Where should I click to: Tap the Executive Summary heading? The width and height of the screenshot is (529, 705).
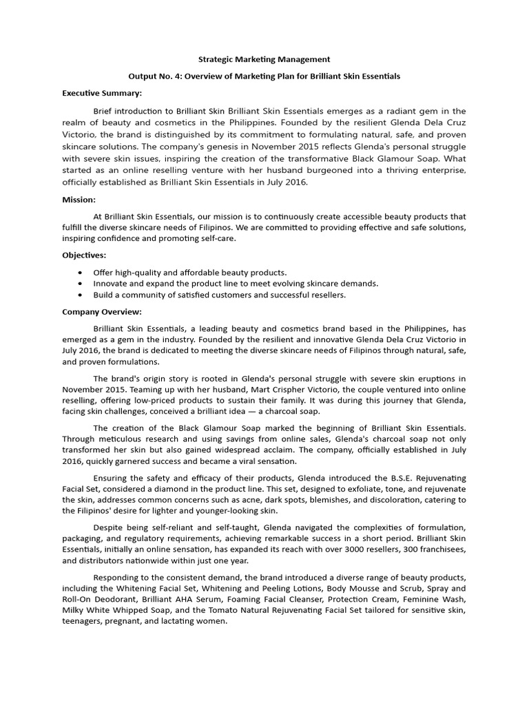(102, 92)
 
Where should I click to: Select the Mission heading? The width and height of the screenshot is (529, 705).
(79, 200)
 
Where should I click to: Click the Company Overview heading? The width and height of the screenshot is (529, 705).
(102, 311)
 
